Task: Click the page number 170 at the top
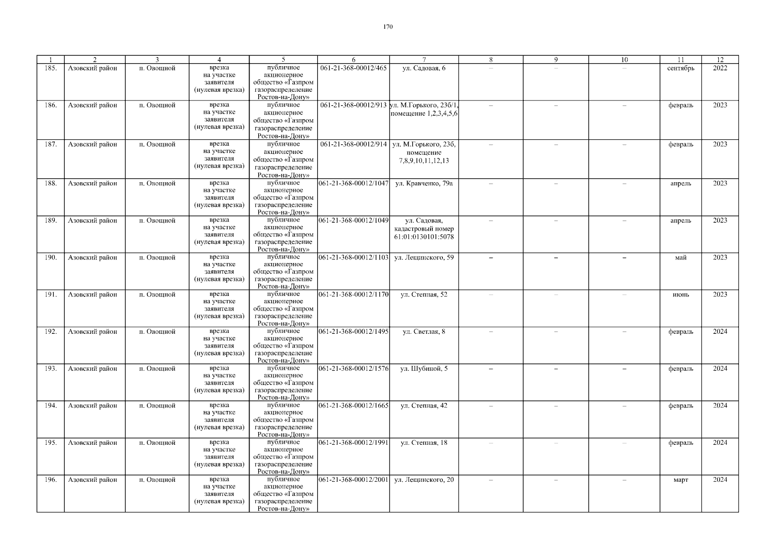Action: [x=388, y=26]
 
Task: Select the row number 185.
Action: [x=51, y=68]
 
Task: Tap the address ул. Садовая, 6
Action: [x=424, y=68]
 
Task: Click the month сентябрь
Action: [x=680, y=68]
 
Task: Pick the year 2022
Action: [x=720, y=68]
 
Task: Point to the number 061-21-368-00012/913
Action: [x=353, y=105]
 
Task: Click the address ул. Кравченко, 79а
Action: [x=424, y=183]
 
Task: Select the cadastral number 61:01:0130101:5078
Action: [x=424, y=237]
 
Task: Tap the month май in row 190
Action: [x=680, y=257]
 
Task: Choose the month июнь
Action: [x=680, y=295]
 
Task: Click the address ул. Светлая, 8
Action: [x=424, y=332]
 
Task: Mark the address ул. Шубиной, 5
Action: [x=424, y=369]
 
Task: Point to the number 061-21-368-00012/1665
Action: [x=353, y=406]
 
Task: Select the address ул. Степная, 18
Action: [x=424, y=443]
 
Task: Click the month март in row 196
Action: [x=680, y=479]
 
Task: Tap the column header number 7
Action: [x=424, y=59]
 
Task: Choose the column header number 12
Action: [x=720, y=59]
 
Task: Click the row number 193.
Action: [x=51, y=369]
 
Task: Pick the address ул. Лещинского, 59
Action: [x=424, y=257]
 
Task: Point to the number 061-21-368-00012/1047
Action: [x=353, y=183]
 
